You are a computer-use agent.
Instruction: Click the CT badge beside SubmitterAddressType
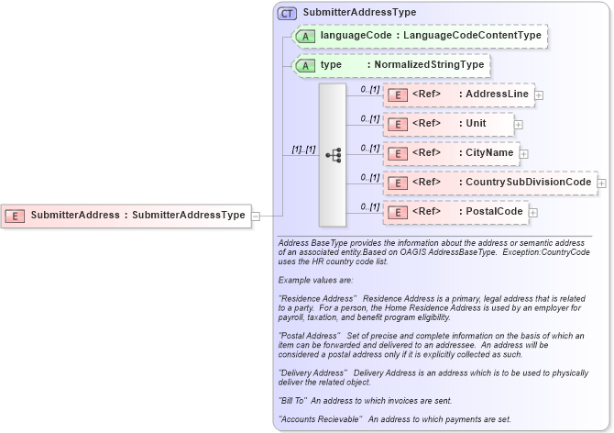click(288, 13)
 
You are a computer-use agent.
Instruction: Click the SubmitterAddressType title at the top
click(359, 13)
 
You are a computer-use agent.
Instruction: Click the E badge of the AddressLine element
click(399, 94)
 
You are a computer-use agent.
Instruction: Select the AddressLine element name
click(496, 94)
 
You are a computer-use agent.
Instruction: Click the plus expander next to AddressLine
click(539, 94)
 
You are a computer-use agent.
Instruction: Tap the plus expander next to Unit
click(519, 124)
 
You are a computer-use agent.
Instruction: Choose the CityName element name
click(490, 152)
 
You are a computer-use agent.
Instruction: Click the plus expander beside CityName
click(524, 153)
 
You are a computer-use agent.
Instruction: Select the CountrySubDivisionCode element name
click(528, 183)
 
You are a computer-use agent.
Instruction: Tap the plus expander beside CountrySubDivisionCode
click(601, 183)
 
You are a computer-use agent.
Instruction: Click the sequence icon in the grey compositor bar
click(333, 155)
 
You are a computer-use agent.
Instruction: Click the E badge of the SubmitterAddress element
click(16, 216)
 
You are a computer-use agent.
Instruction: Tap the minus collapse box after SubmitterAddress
click(256, 216)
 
